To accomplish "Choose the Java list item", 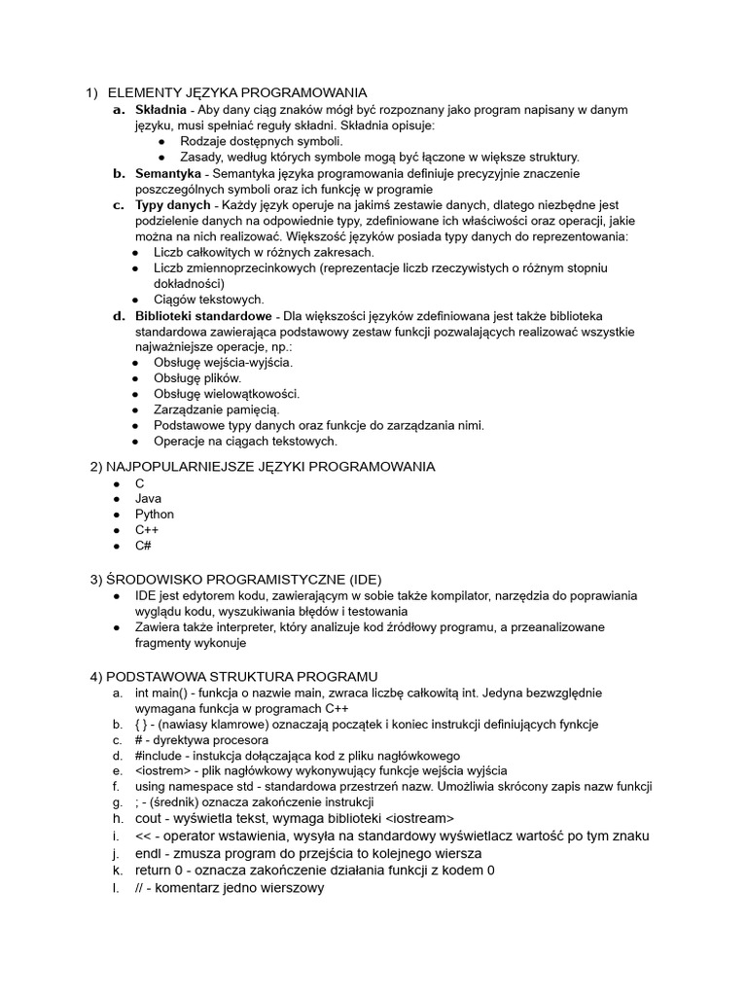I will point(148,499).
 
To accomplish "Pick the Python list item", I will point(155,515).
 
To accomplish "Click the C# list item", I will point(143,546).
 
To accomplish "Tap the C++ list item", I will point(147,530).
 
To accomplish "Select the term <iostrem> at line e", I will point(163,771).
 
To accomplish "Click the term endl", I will point(148,853).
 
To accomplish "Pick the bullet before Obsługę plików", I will point(135,378).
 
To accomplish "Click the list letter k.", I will point(116,871).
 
